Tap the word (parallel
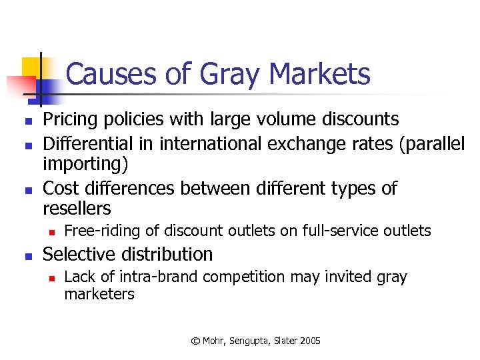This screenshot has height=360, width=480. (431, 143)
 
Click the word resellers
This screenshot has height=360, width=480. (77, 209)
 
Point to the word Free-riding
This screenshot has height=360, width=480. (102, 231)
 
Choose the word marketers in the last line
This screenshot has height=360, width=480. (99, 294)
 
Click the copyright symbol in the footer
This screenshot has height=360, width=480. (195, 341)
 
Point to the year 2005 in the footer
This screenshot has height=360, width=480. (310, 341)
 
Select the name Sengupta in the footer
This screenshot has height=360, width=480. (251, 341)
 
